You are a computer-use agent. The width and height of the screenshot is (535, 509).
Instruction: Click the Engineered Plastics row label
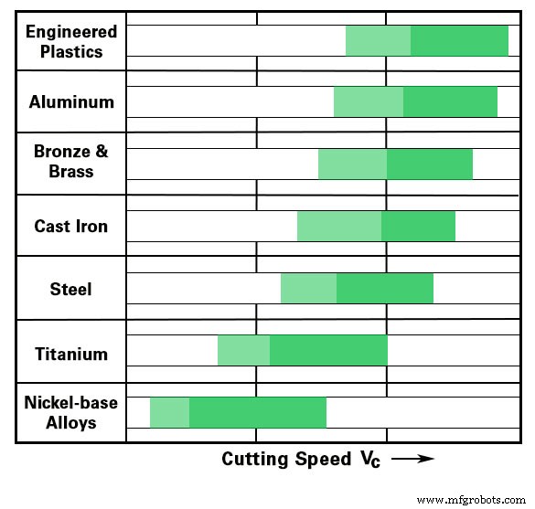[x=71, y=42]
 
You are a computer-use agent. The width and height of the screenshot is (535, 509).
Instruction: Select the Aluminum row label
[x=71, y=101]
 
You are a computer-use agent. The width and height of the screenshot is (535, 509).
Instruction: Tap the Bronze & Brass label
[x=71, y=161]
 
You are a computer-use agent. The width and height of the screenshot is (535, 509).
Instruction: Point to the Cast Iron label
[x=71, y=226]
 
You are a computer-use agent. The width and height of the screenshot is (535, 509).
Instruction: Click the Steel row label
[x=71, y=289]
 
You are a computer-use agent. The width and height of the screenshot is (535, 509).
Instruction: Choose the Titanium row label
[x=71, y=354]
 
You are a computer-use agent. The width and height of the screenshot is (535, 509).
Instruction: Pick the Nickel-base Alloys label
[x=71, y=412]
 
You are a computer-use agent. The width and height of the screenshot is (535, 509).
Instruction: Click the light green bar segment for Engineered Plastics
[x=378, y=41]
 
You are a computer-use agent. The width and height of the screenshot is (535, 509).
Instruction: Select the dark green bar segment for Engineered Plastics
[x=459, y=41]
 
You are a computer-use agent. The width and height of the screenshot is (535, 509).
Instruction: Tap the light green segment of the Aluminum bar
[x=369, y=101]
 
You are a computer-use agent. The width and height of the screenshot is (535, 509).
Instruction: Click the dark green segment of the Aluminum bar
[x=450, y=101]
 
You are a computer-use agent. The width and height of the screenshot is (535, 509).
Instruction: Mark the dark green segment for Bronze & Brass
[x=430, y=164]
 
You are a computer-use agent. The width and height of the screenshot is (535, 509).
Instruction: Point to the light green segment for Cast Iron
[x=339, y=226]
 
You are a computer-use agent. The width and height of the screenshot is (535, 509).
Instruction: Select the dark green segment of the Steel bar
[x=385, y=289]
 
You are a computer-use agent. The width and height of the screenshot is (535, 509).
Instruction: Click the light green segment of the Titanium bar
[x=243, y=351]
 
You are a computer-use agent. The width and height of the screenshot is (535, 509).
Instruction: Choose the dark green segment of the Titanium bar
[x=328, y=351]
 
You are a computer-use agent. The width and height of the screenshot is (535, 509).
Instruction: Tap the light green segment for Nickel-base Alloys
[x=169, y=413]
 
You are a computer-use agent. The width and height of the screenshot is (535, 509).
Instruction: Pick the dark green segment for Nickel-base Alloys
[x=258, y=413]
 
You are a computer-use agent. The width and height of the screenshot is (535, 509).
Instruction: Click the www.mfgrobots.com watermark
[x=471, y=500]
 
